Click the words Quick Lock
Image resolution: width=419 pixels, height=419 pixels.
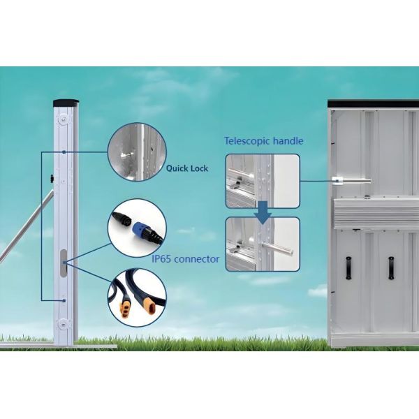click(x=186, y=168)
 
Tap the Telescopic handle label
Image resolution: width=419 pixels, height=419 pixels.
click(x=264, y=141)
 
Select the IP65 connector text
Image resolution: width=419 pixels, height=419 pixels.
click(x=186, y=259)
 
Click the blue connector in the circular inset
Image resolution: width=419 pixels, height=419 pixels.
click(x=138, y=227)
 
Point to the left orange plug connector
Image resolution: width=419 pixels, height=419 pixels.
click(x=125, y=309)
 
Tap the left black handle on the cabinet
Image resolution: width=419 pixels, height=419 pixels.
click(x=348, y=268)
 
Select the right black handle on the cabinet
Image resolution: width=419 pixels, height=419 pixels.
click(x=391, y=268)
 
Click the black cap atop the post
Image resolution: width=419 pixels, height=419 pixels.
click(x=66, y=103)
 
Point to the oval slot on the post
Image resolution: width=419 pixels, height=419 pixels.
click(x=64, y=263)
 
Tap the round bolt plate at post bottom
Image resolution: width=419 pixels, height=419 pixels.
click(x=63, y=324)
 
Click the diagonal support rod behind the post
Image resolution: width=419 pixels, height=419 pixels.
click(x=27, y=225)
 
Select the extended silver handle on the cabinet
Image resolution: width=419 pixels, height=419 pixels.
click(x=351, y=181)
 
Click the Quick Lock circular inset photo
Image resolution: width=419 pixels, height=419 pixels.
click(x=137, y=152)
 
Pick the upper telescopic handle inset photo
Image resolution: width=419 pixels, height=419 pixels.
click(x=263, y=181)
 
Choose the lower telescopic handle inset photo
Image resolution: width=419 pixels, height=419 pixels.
click(x=263, y=244)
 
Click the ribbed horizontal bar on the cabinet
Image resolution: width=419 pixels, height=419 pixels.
click(x=375, y=213)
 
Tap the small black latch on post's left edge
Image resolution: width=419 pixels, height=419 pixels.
click(x=52, y=179)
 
